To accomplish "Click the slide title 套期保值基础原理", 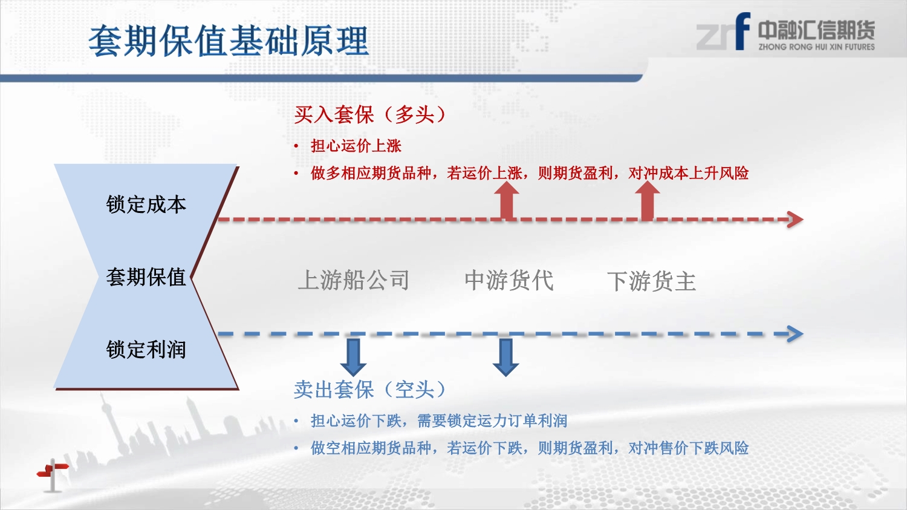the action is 229,41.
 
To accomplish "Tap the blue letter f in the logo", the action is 743,31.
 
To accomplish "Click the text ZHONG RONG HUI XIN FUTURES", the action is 816,47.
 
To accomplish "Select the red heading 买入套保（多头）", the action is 369,114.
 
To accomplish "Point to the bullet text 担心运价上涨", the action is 356,146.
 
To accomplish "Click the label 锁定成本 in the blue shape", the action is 146,204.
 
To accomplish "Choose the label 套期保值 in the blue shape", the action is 146,277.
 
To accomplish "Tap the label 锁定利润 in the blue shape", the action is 146,350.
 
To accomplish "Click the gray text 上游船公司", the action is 354,280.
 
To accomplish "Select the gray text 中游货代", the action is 509,280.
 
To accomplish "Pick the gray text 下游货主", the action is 651,281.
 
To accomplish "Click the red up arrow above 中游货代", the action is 507,201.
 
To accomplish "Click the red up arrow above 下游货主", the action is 647,201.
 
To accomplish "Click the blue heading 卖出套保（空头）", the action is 369,390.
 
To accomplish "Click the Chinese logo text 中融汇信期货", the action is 816,30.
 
